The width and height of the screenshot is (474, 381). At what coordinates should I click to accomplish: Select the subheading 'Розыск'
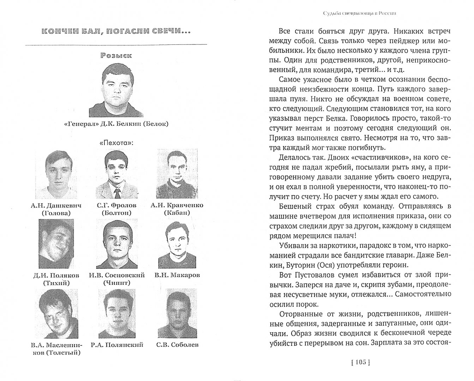(116, 55)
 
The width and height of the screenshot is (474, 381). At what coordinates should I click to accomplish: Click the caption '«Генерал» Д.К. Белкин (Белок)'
(116, 123)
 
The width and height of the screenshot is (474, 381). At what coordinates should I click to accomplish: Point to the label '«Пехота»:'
(116, 144)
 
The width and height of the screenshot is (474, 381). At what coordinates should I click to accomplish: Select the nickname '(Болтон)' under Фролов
(117, 213)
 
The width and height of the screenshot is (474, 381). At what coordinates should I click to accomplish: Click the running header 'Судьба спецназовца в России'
(360, 13)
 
